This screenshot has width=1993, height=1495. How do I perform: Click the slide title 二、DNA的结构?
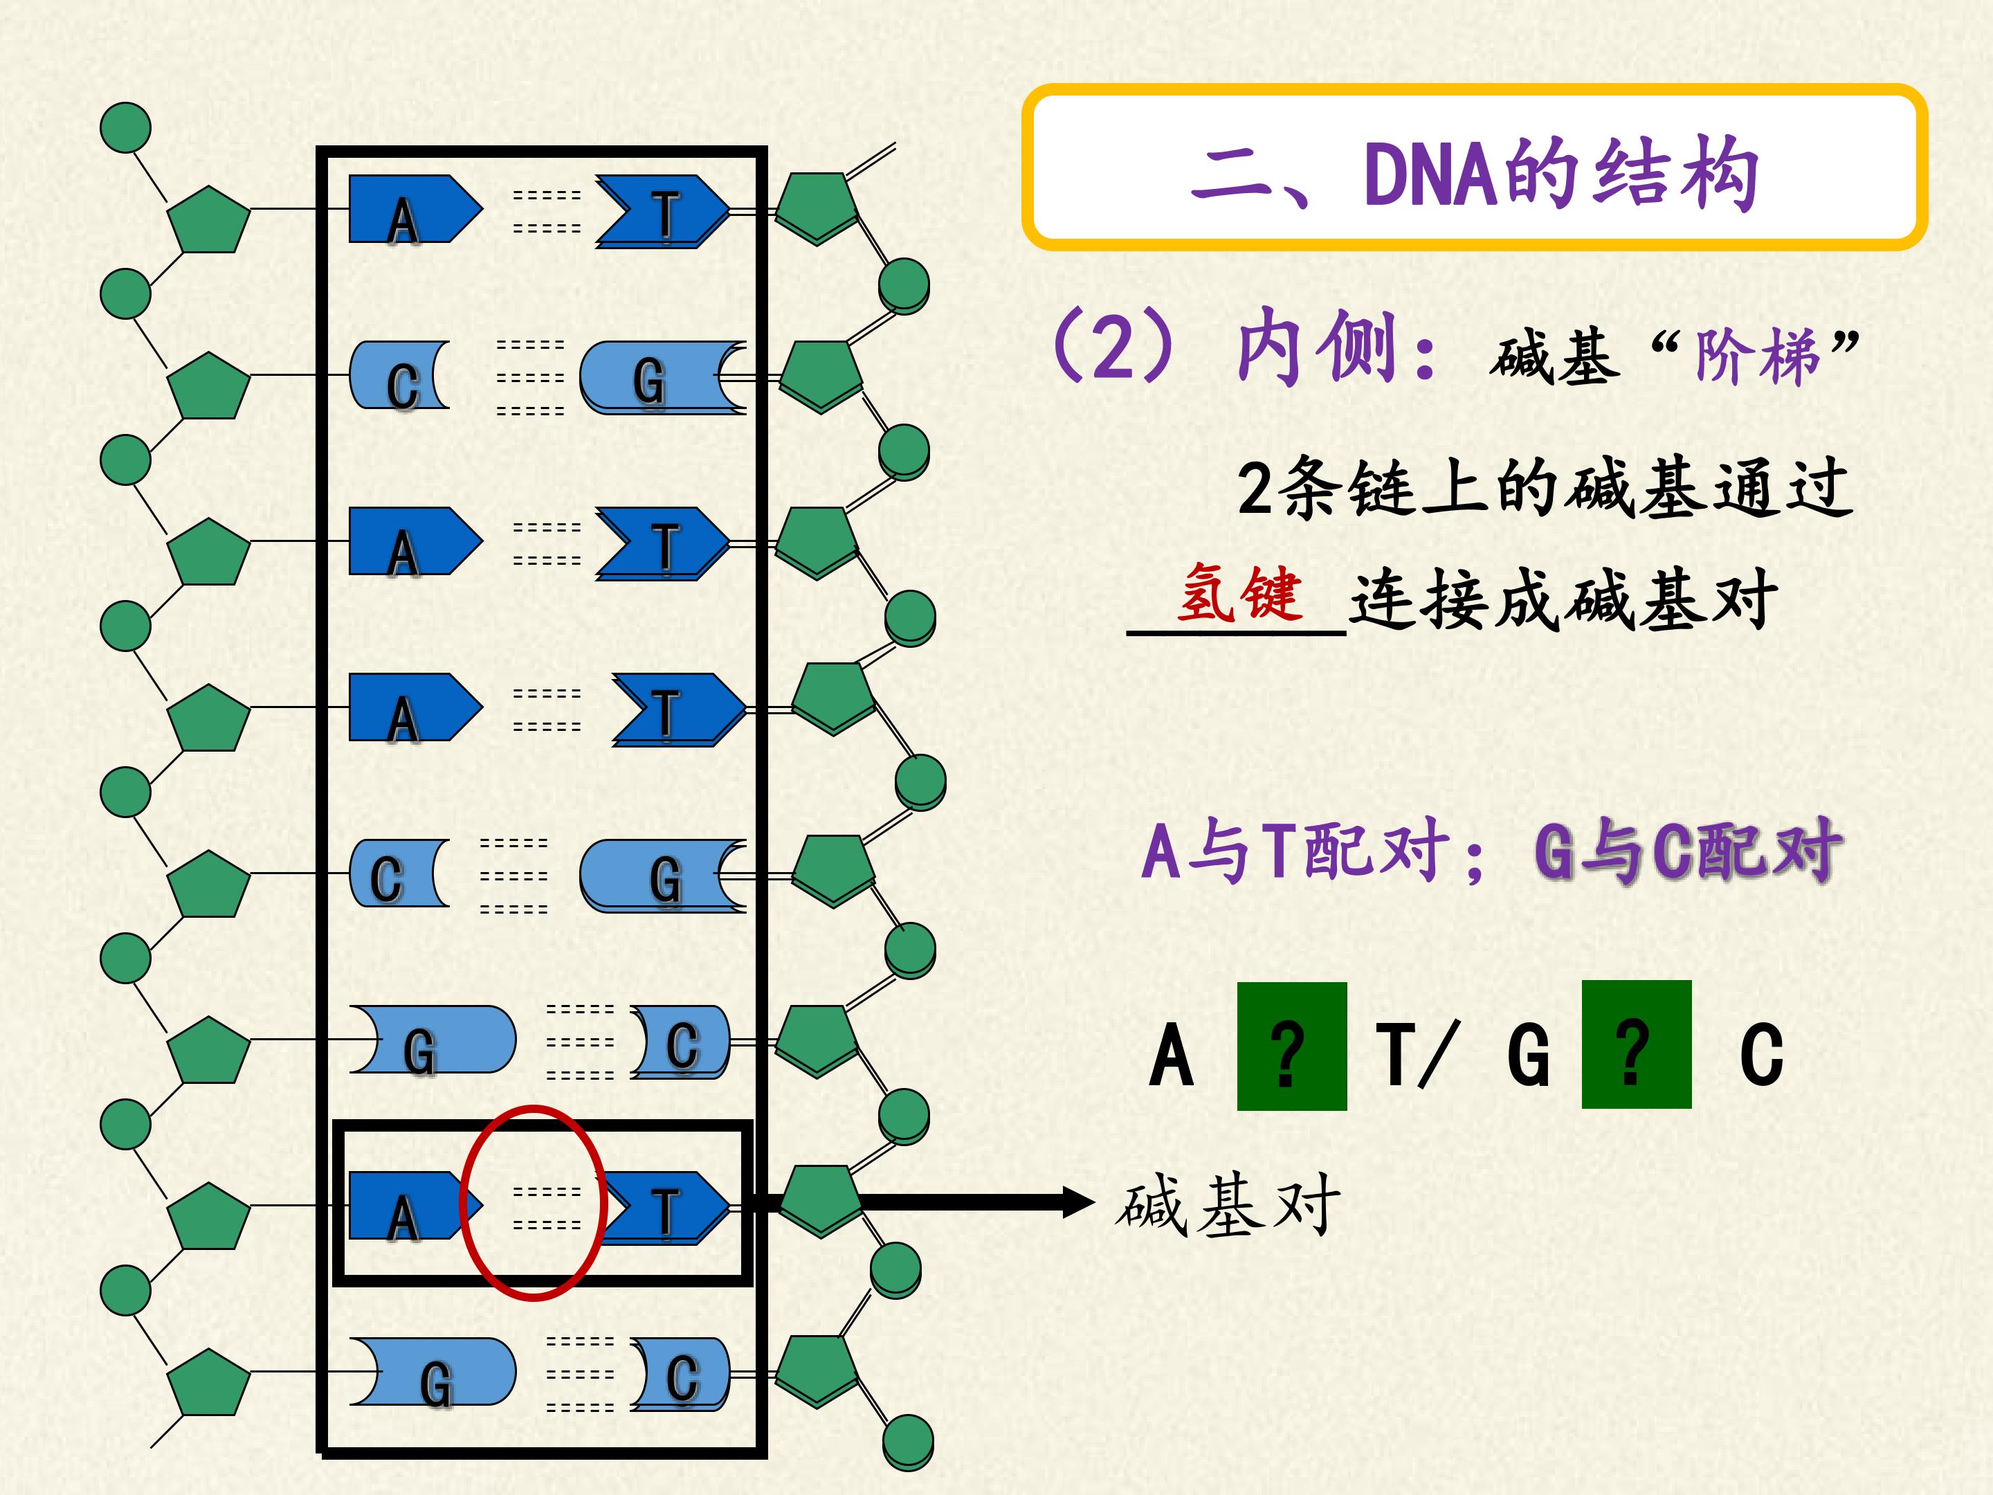click(x=1474, y=173)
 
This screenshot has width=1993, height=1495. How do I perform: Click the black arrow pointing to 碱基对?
click(x=928, y=1202)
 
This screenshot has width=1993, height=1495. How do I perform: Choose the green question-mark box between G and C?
click(x=1636, y=1044)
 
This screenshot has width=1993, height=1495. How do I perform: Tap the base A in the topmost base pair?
click(x=415, y=209)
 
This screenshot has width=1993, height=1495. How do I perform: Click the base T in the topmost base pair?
click(x=663, y=212)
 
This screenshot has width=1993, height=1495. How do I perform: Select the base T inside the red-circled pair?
click(x=663, y=1208)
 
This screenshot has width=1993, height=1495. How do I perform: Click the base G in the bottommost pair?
click(x=433, y=1372)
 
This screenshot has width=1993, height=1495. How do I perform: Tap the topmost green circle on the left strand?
click(x=125, y=127)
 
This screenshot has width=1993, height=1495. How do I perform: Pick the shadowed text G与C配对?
click(x=1685, y=850)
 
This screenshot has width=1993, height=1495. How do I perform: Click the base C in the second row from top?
click(x=399, y=376)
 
